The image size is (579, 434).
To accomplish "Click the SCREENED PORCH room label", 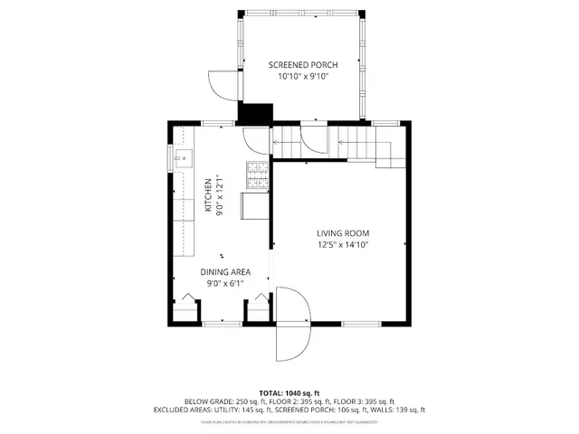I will pos(303,64).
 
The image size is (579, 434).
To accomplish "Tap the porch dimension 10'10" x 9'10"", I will pos(303,77).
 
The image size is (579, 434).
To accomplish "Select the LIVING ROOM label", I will pos(343,232).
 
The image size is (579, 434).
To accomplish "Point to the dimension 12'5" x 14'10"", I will pos(343,244).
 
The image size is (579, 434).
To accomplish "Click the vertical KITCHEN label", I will pos(208,194).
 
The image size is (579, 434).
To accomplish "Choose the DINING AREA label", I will pos(225,271).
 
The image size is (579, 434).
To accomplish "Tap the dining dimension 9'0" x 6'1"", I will pos(225,283).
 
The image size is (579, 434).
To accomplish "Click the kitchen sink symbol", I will pos(181,160).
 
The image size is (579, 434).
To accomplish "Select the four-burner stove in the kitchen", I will pos(257,176).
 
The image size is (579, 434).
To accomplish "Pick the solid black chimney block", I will pos(254,114).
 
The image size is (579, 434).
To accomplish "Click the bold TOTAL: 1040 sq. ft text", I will pos(289,393).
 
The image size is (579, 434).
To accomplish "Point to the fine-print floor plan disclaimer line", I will pos(289,420).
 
